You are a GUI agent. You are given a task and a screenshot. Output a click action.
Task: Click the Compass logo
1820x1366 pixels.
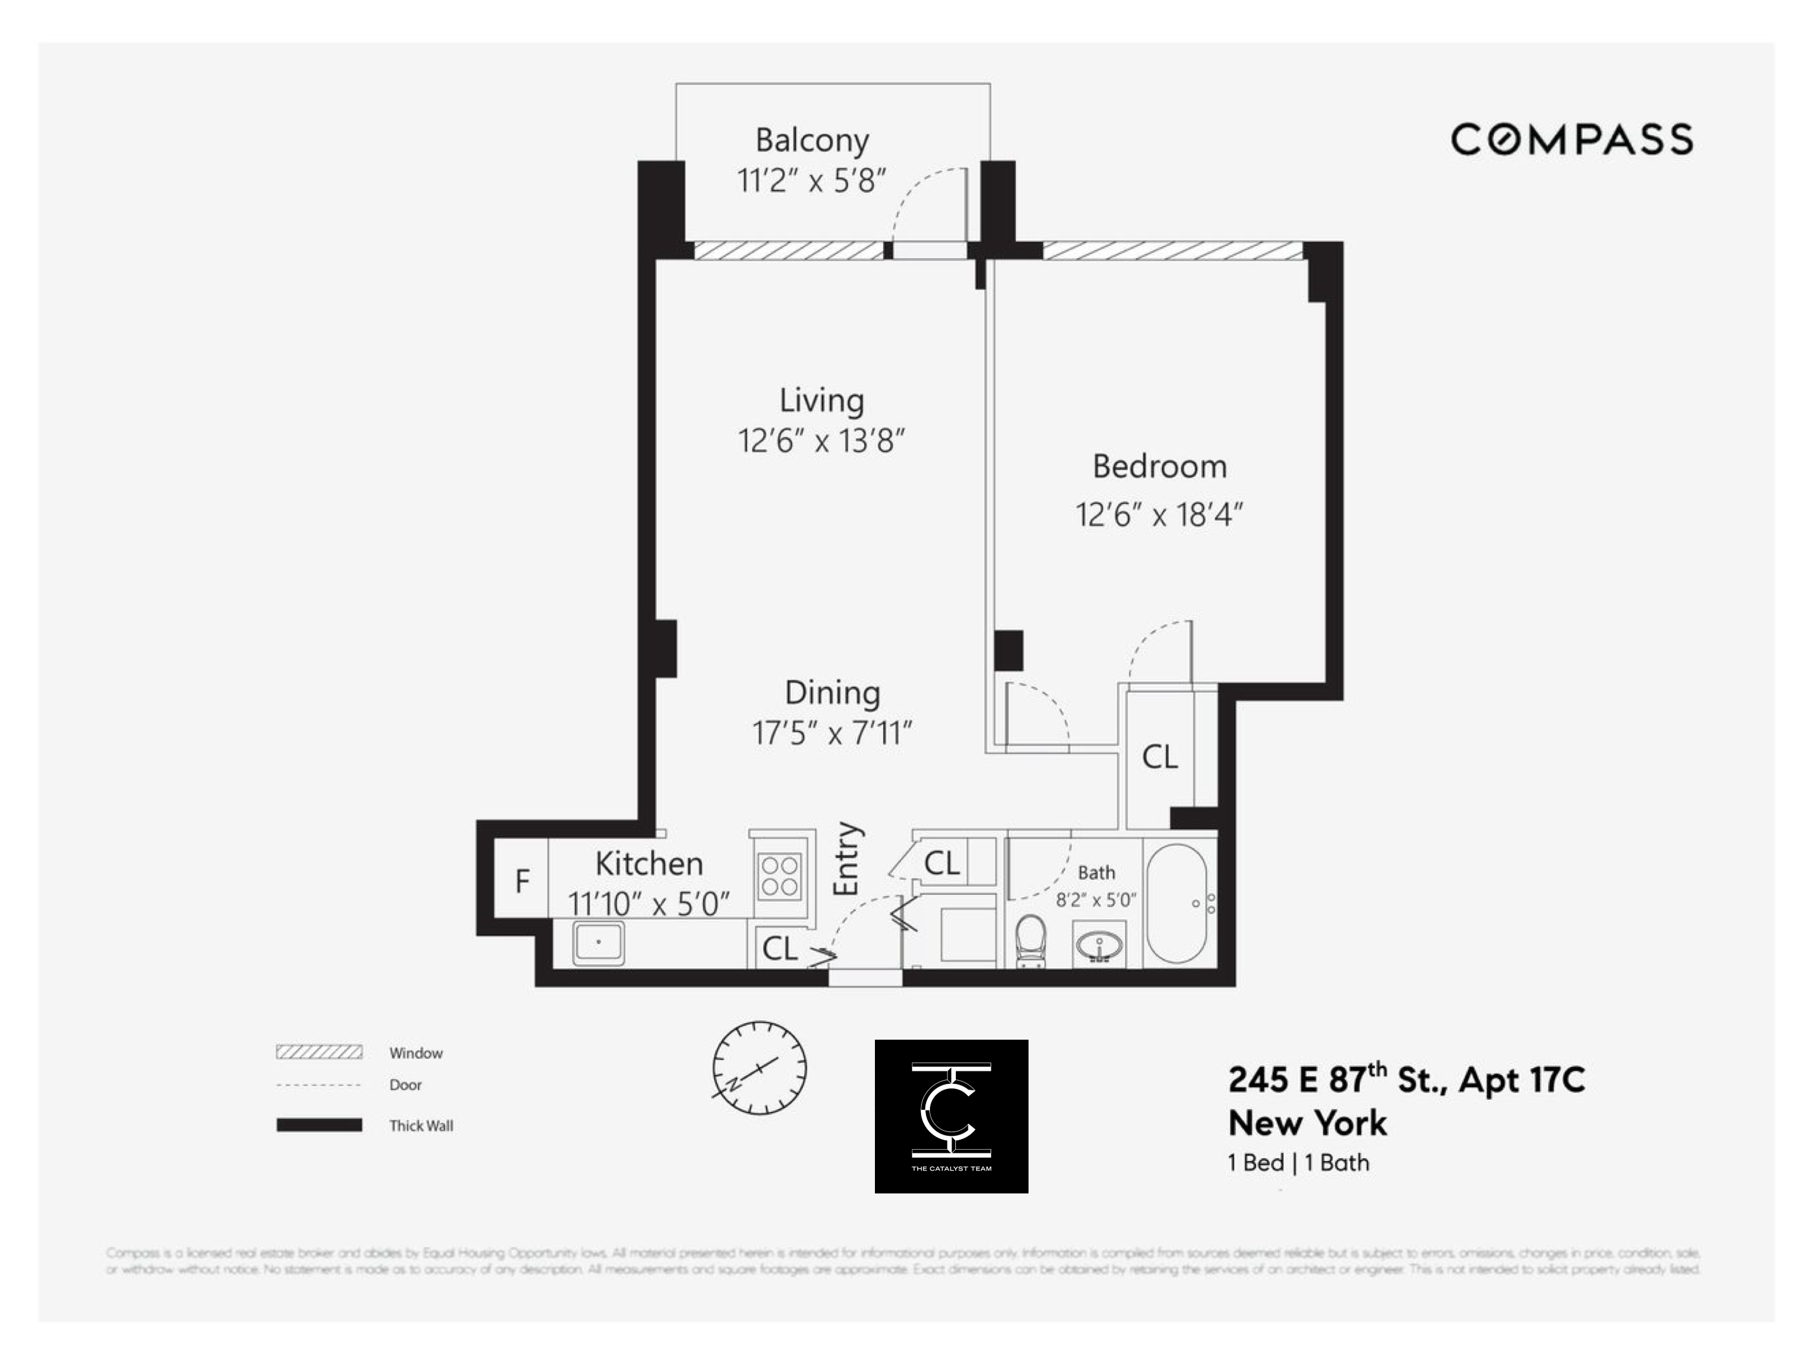pyautogui.click(x=1571, y=139)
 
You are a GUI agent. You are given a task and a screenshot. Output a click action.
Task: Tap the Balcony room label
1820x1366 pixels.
pyautogui.click(x=812, y=141)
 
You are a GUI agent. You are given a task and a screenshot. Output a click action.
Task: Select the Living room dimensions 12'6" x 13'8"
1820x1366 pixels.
pyautogui.click(x=821, y=441)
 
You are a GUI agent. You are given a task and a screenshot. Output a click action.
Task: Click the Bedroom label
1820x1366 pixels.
pyautogui.click(x=1159, y=467)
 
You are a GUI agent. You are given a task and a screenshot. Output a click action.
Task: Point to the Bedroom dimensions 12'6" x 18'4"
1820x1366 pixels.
pyautogui.click(x=1159, y=516)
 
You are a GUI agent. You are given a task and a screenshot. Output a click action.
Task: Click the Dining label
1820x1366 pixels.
pyautogui.click(x=832, y=693)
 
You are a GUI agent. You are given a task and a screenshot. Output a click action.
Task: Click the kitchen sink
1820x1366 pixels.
pyautogui.click(x=598, y=942)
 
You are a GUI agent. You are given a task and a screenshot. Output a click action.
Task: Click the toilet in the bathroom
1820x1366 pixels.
pyautogui.click(x=1030, y=940)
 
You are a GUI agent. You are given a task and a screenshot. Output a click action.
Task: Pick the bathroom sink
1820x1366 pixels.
pyautogui.click(x=1099, y=946)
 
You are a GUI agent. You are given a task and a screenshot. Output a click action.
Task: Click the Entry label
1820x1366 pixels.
pyautogui.click(x=846, y=858)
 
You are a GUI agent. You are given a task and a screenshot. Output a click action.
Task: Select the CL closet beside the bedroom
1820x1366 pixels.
pyautogui.click(x=1159, y=757)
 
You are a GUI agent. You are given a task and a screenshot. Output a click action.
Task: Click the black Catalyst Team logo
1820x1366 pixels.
pyautogui.click(x=951, y=1116)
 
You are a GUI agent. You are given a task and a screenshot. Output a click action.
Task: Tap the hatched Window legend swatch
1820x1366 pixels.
pyautogui.click(x=319, y=1052)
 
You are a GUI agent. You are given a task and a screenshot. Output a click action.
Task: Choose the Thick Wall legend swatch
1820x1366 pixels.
pyautogui.click(x=319, y=1125)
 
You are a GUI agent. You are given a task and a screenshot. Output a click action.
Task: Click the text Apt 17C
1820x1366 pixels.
pyautogui.click(x=1522, y=1080)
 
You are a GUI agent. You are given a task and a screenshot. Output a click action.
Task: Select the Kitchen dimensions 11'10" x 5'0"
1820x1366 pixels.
pyautogui.click(x=649, y=905)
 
